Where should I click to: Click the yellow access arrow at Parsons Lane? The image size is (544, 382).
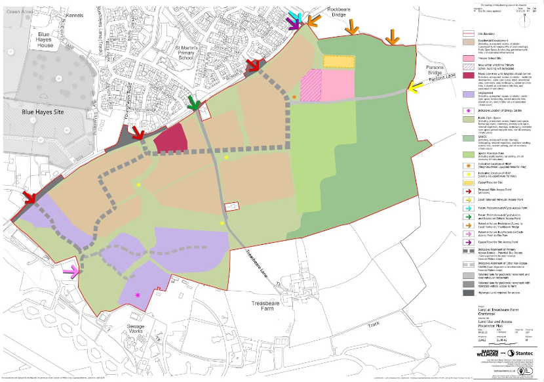[414, 85]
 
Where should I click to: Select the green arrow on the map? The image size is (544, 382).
[193, 104]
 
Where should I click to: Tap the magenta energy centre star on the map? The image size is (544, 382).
[138, 295]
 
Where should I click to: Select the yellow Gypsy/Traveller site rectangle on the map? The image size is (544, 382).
[339, 61]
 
